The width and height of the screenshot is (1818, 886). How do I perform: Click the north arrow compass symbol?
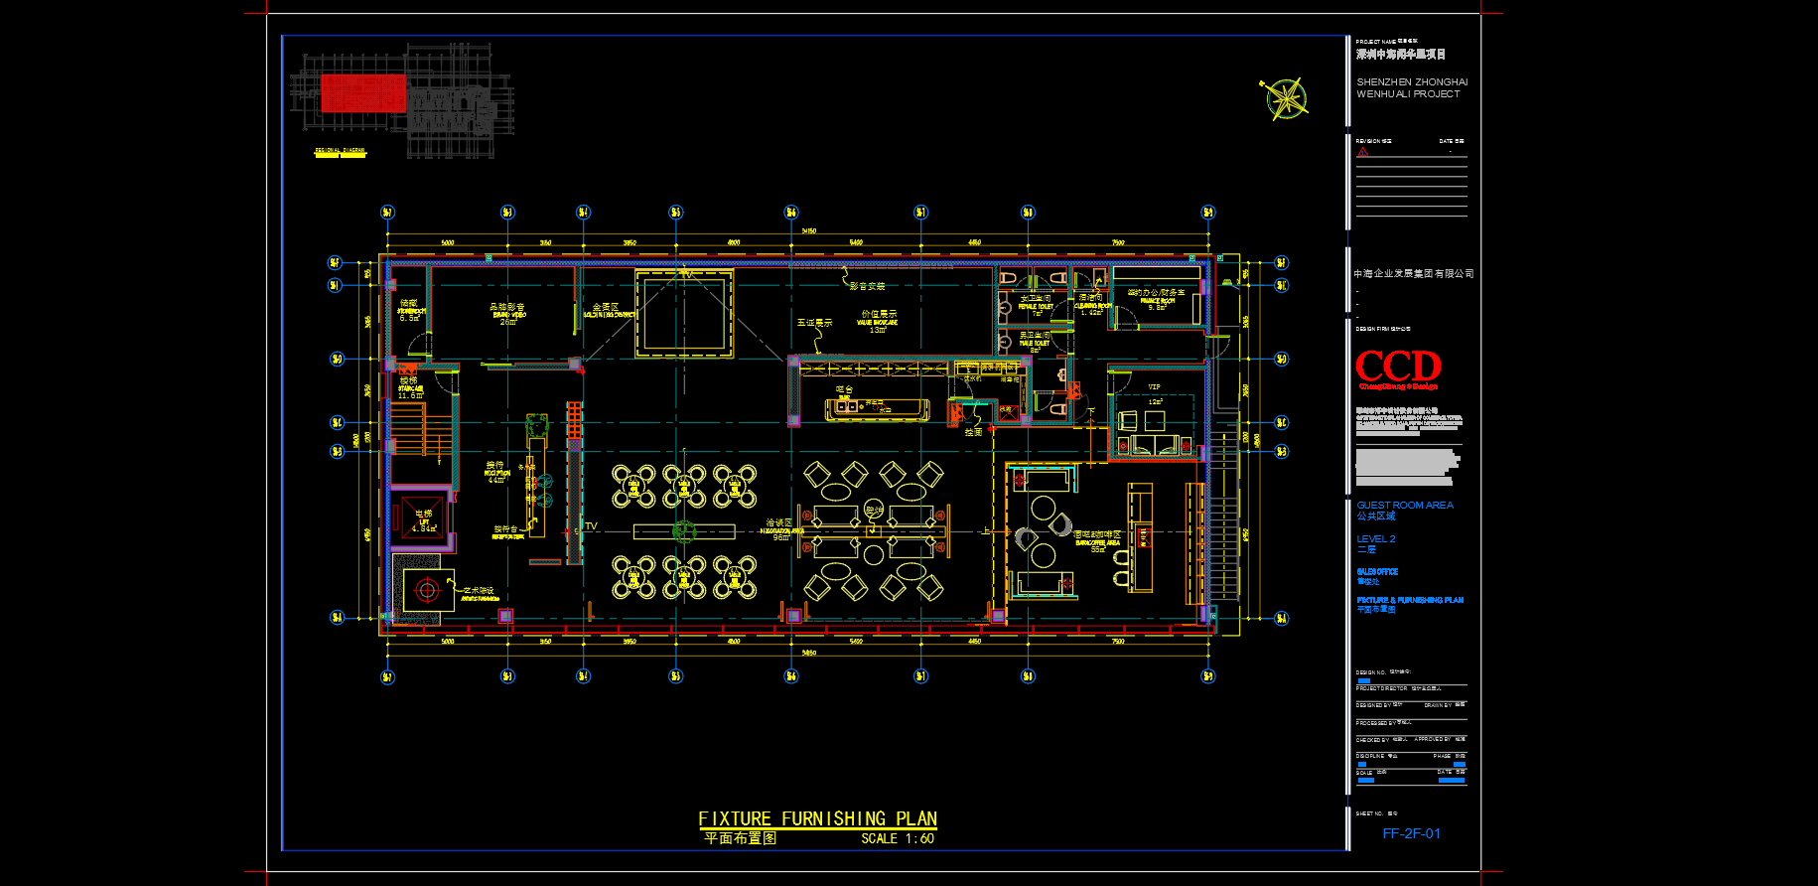[x=1286, y=99]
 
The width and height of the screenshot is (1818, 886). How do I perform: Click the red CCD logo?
[x=1398, y=367]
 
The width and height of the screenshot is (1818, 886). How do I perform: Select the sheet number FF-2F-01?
[x=1411, y=833]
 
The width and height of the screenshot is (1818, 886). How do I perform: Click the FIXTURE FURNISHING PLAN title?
[x=817, y=818]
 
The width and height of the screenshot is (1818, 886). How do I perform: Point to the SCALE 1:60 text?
[x=898, y=838]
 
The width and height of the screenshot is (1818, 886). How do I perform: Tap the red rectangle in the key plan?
[x=363, y=93]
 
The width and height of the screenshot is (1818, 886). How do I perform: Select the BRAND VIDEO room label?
[x=507, y=314]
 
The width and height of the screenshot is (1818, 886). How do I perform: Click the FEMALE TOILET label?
[x=1035, y=305]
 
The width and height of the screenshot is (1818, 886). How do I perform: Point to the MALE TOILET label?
[x=1035, y=342]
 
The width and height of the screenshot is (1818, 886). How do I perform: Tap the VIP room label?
[x=1154, y=387]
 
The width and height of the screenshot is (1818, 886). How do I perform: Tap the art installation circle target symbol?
[x=427, y=590]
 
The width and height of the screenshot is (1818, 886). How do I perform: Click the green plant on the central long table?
[x=684, y=530]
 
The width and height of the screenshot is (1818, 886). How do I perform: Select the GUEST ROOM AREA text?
[x=1404, y=506]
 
